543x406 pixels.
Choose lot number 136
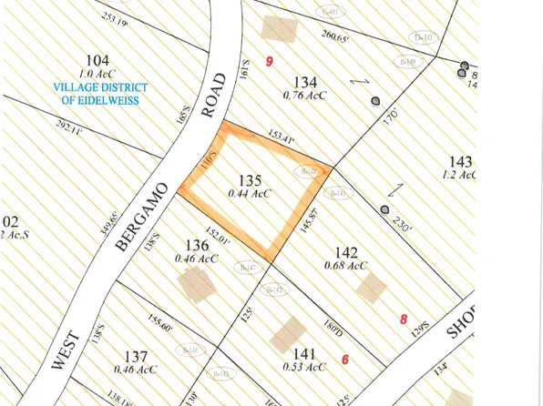(196, 244)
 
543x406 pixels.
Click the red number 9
(269, 60)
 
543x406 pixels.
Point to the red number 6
(345, 358)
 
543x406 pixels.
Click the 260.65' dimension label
(337, 36)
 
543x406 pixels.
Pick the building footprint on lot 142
(371, 289)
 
